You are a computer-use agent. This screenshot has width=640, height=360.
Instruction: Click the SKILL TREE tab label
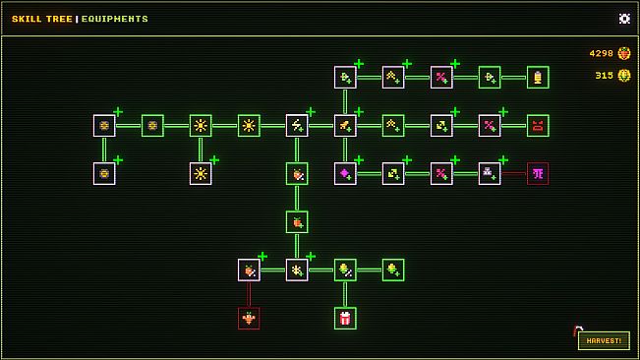[41, 19]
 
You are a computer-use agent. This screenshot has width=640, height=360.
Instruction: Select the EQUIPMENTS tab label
[115, 19]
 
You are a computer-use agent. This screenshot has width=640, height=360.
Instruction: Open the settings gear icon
[624, 19]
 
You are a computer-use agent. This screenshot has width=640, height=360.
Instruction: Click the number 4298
[601, 53]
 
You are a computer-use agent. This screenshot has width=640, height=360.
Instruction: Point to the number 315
[604, 76]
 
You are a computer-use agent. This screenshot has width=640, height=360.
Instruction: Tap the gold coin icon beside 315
[623, 76]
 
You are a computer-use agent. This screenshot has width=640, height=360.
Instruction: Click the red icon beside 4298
[623, 53]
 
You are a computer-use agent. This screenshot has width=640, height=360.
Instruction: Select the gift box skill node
[344, 318]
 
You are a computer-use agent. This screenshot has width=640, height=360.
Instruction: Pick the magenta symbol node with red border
[538, 173]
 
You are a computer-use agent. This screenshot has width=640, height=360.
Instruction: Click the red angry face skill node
[538, 125]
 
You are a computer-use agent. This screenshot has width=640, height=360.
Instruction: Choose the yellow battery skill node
[538, 77]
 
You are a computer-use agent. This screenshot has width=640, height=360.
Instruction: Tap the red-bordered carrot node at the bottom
[249, 318]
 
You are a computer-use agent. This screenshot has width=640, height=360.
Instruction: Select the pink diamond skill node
[345, 173]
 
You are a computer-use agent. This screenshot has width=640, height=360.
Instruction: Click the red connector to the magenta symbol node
[513, 173]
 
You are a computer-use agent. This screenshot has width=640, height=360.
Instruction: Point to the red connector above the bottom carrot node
[249, 293]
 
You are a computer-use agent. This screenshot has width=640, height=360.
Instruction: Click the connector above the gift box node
[344, 293]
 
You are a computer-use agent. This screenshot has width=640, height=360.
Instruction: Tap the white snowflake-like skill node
[297, 270]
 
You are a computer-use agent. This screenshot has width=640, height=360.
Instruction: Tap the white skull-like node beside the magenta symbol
[490, 173]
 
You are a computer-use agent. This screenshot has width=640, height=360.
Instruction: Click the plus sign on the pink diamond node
[359, 159]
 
